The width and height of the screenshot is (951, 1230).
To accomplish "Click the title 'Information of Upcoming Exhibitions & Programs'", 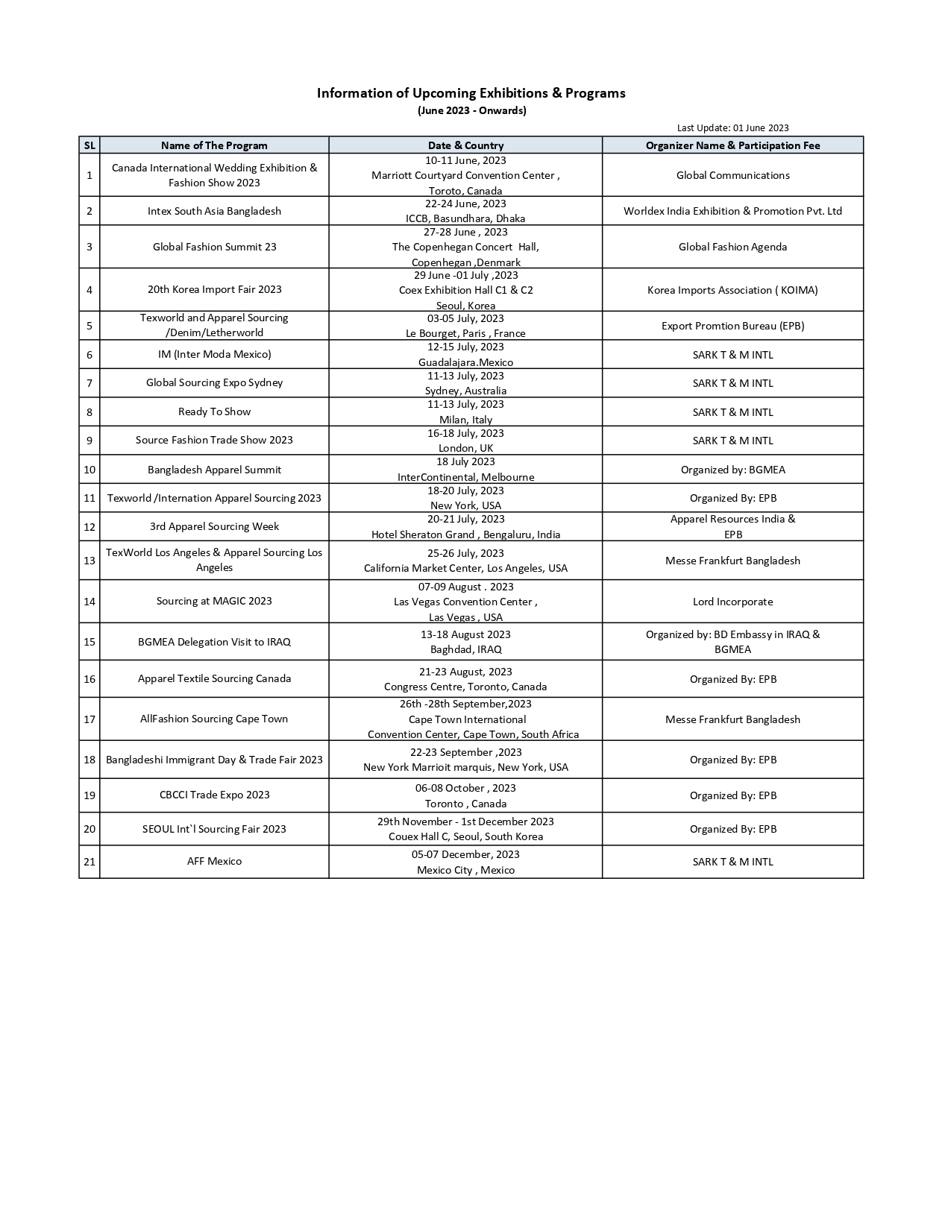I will click(471, 93).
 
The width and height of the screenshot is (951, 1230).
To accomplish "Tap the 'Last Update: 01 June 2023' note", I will click(732, 127).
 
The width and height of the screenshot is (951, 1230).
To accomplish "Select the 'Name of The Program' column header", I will click(214, 145).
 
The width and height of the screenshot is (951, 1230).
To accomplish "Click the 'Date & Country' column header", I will click(465, 145).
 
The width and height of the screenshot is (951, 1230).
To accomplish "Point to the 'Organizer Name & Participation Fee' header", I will click(732, 145).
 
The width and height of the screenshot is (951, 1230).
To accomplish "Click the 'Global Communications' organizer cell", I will click(732, 175).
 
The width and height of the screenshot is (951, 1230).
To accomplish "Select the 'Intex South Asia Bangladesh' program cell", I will click(214, 211).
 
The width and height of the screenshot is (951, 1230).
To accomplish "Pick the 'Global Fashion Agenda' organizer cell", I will click(732, 247).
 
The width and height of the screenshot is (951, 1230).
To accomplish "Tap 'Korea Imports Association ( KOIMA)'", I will click(732, 290).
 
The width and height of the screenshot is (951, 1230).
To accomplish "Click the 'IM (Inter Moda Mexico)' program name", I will click(214, 354).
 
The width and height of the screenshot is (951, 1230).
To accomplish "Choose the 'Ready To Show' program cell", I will click(214, 411).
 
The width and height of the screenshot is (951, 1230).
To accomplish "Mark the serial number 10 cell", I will click(90, 470).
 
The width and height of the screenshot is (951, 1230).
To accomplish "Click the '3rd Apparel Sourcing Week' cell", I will click(214, 526).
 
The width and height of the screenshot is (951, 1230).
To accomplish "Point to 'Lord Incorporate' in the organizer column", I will click(732, 602).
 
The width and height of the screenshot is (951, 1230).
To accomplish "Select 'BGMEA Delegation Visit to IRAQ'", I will click(214, 642).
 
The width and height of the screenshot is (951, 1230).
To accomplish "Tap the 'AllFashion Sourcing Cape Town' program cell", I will click(214, 719).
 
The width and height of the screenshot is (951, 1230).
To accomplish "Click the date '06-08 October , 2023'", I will click(465, 788).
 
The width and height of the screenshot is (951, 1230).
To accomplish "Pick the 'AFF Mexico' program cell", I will click(214, 861).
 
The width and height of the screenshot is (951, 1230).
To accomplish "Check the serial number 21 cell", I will click(90, 862).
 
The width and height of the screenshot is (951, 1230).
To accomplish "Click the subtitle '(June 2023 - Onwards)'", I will click(471, 110).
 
